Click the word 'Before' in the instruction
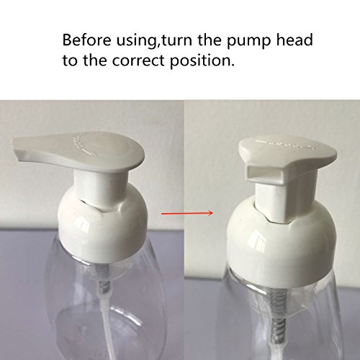pos(86,40)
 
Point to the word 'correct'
pos(138,60)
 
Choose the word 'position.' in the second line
pos(202,61)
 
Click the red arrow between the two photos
pos(187,213)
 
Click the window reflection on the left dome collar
pos(81,225)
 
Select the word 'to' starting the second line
pos(70,60)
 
